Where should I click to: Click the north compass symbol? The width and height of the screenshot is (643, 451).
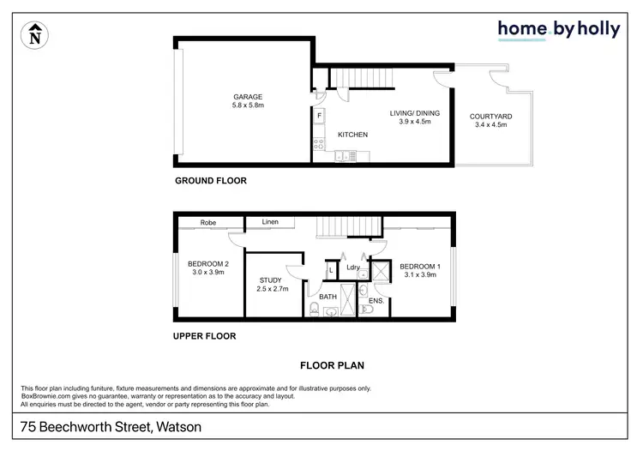tap(34, 35)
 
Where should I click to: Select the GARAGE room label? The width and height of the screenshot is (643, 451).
tap(248, 97)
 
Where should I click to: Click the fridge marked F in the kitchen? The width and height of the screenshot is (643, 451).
tap(319, 116)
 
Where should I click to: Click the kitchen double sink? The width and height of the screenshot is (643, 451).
tap(342, 155)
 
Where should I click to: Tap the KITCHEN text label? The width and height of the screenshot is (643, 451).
tap(352, 135)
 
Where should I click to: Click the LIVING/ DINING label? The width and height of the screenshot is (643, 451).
tap(409, 112)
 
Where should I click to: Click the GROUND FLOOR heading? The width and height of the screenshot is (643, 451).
tap(211, 181)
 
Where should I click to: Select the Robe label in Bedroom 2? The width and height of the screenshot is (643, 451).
tap(207, 223)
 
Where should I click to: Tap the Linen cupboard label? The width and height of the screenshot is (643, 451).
tap(270, 223)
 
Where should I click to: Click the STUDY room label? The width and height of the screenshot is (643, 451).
tap(273, 280)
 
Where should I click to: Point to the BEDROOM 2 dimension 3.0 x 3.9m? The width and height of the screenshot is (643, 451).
tap(208, 274)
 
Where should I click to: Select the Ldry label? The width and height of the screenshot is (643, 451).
tap(352, 268)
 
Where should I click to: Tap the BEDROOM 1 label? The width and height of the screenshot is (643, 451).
tap(419, 265)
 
